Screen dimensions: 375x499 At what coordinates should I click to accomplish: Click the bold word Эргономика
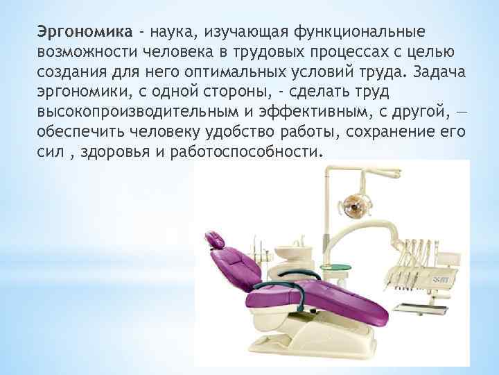[84, 32]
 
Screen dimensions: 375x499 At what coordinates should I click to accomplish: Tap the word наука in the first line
[171, 32]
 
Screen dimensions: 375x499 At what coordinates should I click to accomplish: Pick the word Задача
[440, 74]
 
